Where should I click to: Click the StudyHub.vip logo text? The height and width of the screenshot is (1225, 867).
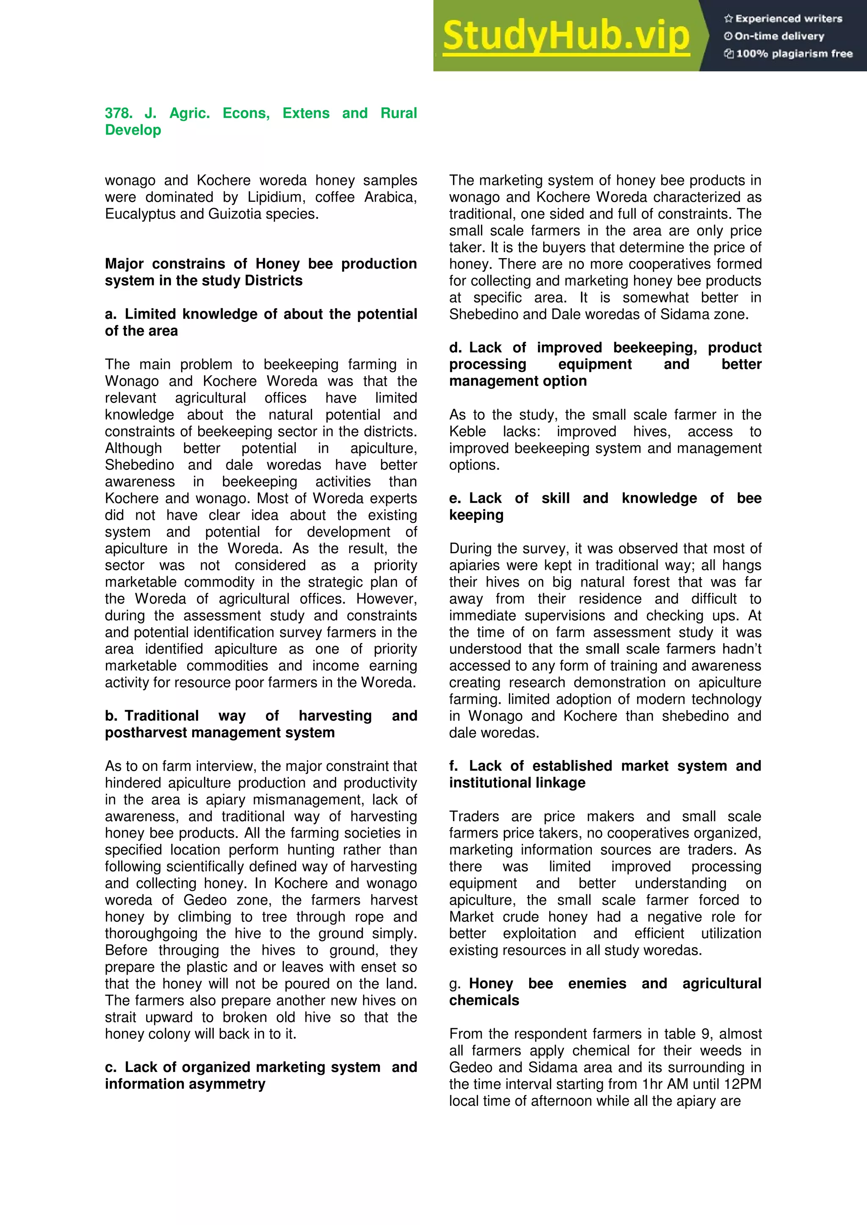point(566,36)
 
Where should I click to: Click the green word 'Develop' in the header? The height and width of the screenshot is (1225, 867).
point(133,130)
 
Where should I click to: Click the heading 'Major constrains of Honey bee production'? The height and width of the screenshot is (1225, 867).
point(260,264)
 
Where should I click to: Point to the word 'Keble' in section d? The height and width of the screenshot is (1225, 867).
point(467,431)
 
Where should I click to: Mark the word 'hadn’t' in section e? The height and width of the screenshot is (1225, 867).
point(742,649)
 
